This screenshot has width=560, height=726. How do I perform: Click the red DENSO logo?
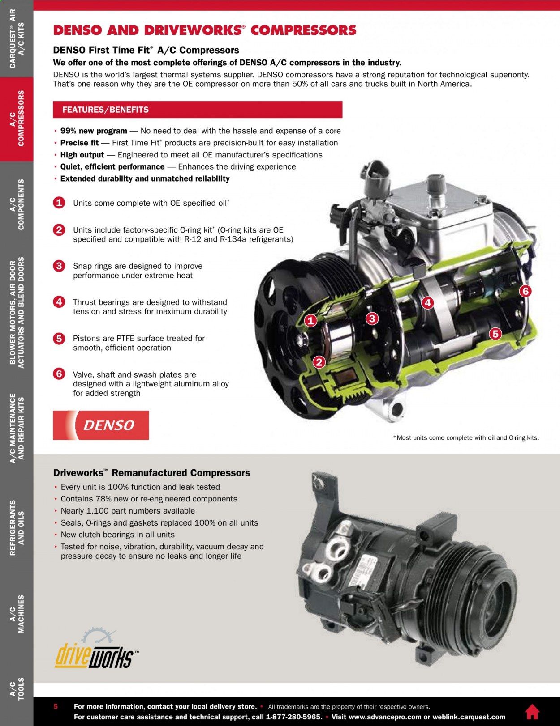point(101,425)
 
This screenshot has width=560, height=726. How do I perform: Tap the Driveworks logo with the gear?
point(96,649)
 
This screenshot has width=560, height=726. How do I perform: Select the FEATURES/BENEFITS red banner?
point(198,110)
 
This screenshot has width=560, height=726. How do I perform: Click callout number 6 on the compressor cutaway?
point(525,291)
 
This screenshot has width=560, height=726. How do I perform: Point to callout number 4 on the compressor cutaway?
point(427,303)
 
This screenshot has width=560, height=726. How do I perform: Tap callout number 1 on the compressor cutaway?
point(310,321)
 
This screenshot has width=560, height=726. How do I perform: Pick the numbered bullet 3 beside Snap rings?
point(59,266)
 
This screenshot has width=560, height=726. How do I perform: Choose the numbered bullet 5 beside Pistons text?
point(59,339)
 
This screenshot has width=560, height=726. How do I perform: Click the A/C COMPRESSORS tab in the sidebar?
point(17,119)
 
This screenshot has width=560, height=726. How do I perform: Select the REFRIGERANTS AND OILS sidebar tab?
point(17,527)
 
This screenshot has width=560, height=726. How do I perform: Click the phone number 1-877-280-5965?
point(294,717)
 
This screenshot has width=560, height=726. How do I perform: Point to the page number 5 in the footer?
point(56,706)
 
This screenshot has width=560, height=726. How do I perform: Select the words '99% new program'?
point(94,131)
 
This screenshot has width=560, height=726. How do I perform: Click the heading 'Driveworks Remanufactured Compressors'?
point(151,473)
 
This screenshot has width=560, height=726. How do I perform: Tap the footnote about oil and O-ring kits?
point(466,437)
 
